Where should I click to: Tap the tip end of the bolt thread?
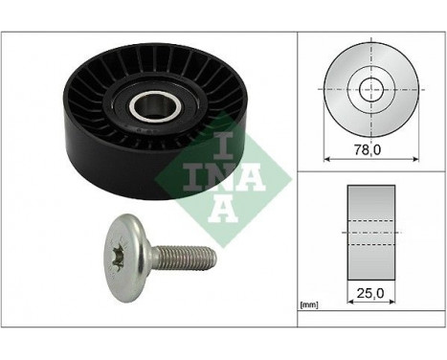tap(213, 257)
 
